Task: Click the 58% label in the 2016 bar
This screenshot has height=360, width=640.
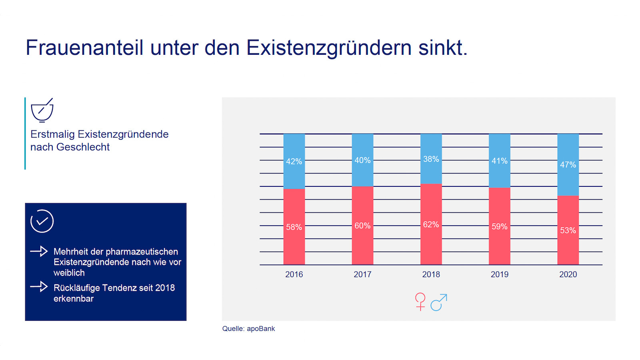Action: tap(294, 227)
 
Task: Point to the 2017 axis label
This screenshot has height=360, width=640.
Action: tap(362, 274)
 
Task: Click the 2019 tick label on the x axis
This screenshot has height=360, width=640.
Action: tap(500, 274)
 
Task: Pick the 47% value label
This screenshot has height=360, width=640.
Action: tap(568, 165)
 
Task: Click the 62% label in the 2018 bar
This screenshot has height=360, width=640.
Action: tap(431, 225)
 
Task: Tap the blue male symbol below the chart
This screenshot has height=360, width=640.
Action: tap(438, 302)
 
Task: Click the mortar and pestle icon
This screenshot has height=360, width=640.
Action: tap(42, 110)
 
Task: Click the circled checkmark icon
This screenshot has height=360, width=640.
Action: tap(42, 221)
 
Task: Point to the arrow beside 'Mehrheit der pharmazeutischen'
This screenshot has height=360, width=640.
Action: tap(39, 251)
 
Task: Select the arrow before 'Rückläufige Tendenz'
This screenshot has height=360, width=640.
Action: tap(39, 286)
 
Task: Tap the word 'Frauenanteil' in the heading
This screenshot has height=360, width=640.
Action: tap(84, 48)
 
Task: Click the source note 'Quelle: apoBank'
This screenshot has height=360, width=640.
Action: tap(248, 329)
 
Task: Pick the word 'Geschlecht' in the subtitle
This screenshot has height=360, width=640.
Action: tap(83, 147)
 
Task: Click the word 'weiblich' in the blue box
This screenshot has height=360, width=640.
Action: tap(69, 273)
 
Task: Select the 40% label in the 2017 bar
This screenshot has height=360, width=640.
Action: tap(362, 160)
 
